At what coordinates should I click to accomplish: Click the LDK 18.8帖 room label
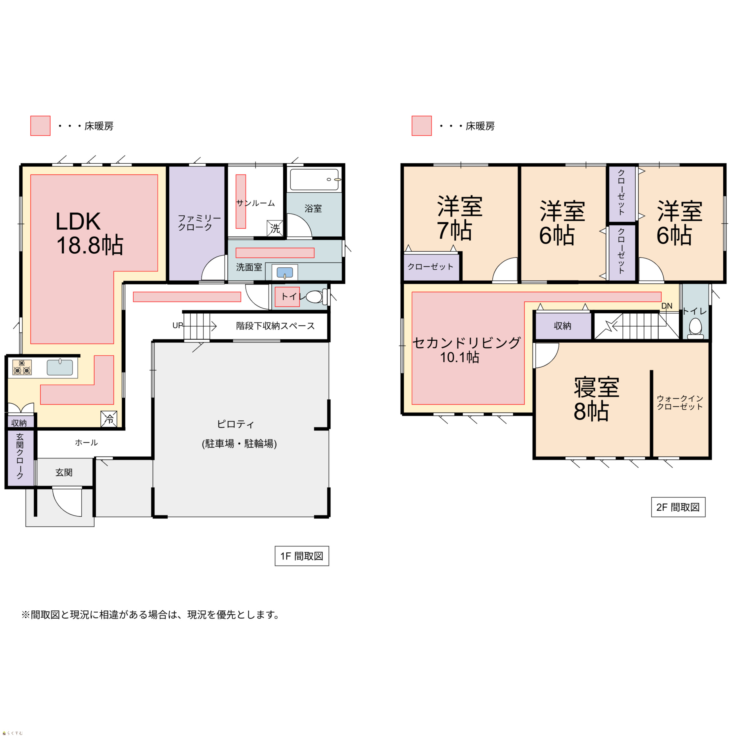point(89,233)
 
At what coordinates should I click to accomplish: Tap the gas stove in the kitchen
point(22,367)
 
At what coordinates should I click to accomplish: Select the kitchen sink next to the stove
point(60,367)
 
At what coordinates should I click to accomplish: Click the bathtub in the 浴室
point(315,179)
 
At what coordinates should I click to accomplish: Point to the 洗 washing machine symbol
point(275,228)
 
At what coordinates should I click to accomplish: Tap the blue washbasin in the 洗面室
point(285,272)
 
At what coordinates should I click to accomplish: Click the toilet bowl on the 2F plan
point(695,328)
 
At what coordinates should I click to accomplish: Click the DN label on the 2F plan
point(667,306)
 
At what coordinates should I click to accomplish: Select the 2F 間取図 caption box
point(678,507)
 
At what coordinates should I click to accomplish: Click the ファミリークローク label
point(199,223)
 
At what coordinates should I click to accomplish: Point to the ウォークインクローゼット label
point(680,402)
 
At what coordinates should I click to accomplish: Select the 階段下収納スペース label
point(275,326)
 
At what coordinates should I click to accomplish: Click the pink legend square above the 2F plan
point(422,126)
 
